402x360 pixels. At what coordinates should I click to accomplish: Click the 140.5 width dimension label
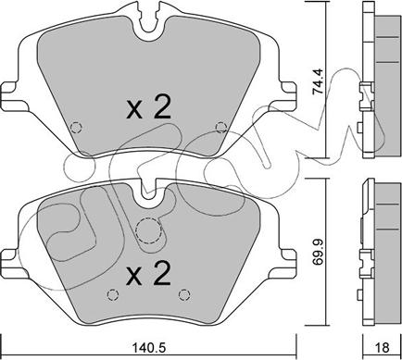[149, 348]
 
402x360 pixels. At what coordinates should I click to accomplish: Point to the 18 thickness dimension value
[383, 348]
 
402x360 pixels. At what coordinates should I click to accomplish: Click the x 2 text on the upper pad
[148, 106]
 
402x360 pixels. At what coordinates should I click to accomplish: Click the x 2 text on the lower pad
[148, 273]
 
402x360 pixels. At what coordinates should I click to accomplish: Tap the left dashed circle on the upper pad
[76, 127]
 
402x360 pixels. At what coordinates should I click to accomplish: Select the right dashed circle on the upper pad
[221, 127]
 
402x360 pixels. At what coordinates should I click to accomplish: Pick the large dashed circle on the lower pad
[149, 230]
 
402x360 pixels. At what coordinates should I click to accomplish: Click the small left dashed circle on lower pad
[113, 295]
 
